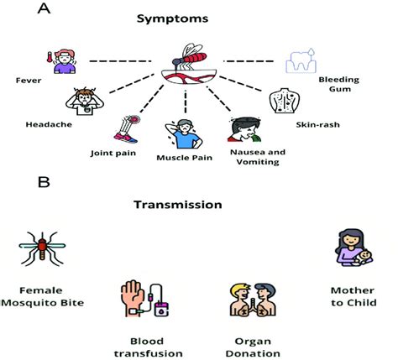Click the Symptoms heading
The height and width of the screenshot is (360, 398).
pyautogui.click(x=172, y=19)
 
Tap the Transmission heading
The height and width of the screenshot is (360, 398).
pyautogui.click(x=178, y=205)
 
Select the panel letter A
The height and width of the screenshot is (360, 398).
pyautogui.click(x=44, y=8)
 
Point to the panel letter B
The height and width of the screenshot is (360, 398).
pyautogui.click(x=44, y=182)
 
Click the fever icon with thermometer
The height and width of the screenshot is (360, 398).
pyautogui.click(x=61, y=61)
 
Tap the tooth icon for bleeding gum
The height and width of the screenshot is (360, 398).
pyautogui.click(x=301, y=60)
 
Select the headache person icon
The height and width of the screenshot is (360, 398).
pyautogui.click(x=85, y=102)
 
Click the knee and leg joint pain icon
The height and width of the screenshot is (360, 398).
pyautogui.click(x=128, y=129)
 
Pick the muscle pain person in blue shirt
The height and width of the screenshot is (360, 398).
pyautogui.click(x=184, y=134)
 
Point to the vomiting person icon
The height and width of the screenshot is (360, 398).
pyautogui.click(x=245, y=129)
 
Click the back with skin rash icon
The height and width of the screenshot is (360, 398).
pyautogui.click(x=285, y=100)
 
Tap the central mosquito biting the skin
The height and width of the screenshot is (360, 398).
pyautogui.click(x=189, y=64)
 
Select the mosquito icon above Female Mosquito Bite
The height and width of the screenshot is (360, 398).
pyautogui.click(x=42, y=248)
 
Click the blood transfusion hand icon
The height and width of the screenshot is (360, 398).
pyautogui.click(x=144, y=298)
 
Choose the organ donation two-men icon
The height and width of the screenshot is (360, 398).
pyautogui.click(x=253, y=300)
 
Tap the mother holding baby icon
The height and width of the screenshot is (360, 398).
pyautogui.click(x=353, y=247)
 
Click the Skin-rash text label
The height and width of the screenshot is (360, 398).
pyautogui.click(x=317, y=124)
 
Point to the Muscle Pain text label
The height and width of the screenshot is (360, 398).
pyautogui.click(x=184, y=158)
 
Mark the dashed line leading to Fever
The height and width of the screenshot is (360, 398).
pyautogui.click(x=120, y=61)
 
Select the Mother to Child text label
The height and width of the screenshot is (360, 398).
pyautogui.click(x=353, y=296)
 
